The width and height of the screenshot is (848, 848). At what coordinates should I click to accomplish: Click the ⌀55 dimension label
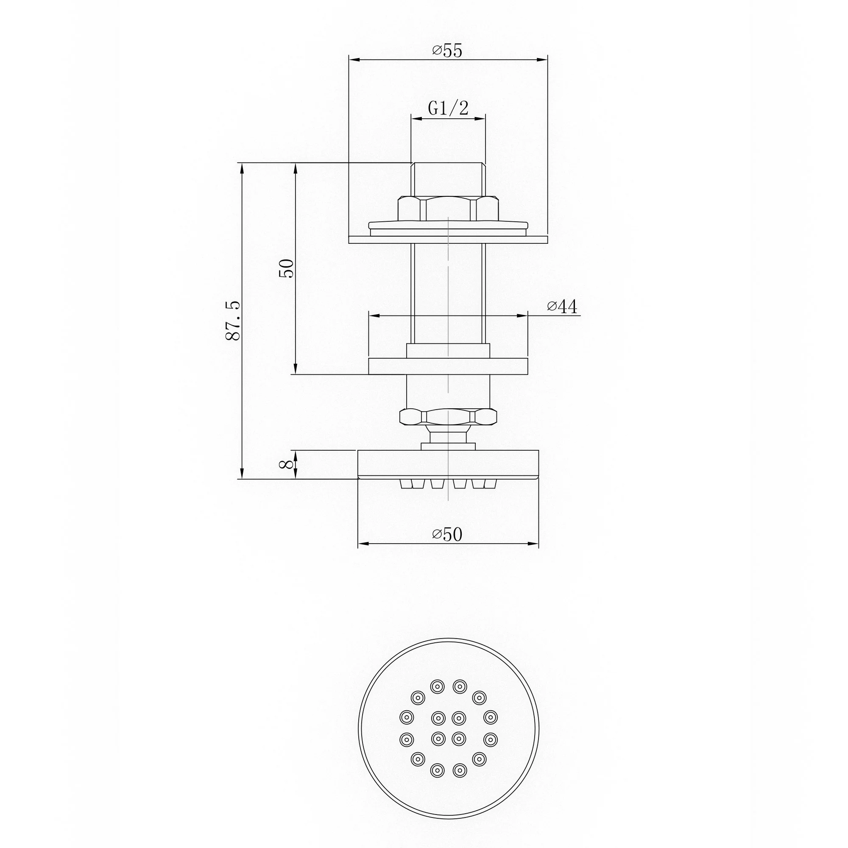point(447,51)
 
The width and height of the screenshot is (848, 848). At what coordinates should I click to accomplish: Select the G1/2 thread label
point(448,108)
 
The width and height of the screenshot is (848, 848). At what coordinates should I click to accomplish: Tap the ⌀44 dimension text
point(562,307)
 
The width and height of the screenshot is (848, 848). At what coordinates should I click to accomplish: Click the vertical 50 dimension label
point(286,268)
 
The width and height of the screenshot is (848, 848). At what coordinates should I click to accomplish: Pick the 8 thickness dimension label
point(286,464)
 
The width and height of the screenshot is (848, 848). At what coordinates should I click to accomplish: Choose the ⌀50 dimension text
point(447,534)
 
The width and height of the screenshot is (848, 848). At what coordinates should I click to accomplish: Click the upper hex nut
point(448,209)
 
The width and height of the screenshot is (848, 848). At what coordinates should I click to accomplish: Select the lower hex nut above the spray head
point(448,416)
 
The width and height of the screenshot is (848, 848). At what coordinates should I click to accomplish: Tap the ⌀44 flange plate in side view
point(448,366)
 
